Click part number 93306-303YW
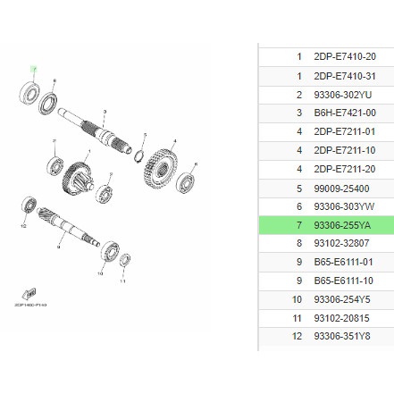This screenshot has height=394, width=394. [x=344, y=205]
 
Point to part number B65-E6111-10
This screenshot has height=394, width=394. [x=344, y=281]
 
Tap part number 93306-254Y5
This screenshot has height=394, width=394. [x=344, y=299]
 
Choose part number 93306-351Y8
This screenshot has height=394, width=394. [x=344, y=337]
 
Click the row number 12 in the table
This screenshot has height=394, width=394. [x=298, y=337]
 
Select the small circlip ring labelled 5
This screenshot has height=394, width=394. [x=139, y=158]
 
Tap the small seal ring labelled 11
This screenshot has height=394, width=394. [x=124, y=260]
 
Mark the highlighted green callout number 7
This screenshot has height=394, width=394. [x=33, y=69]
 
